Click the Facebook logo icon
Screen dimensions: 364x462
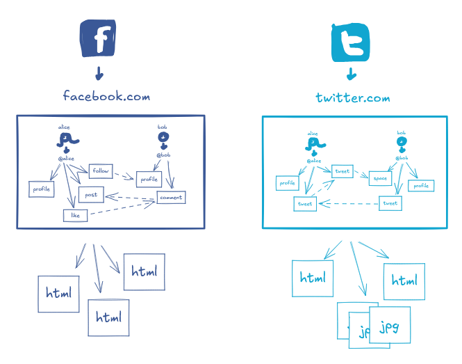click(x=98, y=39)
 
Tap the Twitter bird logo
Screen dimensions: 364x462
click(x=351, y=41)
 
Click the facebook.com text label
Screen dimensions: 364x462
click(x=107, y=95)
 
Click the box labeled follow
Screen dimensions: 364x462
click(x=99, y=170)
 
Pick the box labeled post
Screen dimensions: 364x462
click(x=91, y=195)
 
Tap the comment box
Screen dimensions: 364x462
click(x=170, y=198)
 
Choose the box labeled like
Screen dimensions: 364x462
click(x=75, y=215)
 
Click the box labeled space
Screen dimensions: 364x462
click(x=380, y=179)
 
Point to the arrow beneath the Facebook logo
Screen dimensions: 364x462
click(x=99, y=72)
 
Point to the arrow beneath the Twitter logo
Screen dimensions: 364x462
click(x=352, y=73)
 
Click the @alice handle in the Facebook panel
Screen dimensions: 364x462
click(x=66, y=159)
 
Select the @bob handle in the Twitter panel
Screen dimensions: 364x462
click(x=402, y=159)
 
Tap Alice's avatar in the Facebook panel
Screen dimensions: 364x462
click(x=65, y=140)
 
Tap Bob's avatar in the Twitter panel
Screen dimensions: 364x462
click(x=402, y=142)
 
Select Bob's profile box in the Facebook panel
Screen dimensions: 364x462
click(x=149, y=180)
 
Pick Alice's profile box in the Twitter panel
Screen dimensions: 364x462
click(x=288, y=183)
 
